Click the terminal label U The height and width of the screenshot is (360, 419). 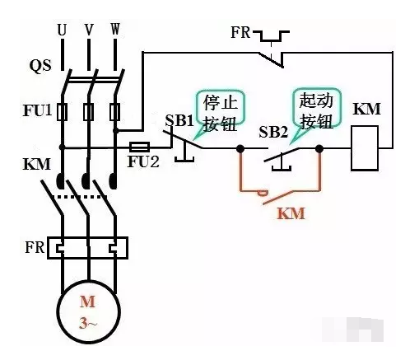pyautogui.click(x=62, y=30)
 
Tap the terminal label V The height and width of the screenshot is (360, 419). pyautogui.click(x=89, y=30)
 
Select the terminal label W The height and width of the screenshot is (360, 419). pyautogui.click(x=115, y=29)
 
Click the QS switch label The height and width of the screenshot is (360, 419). pyautogui.click(x=40, y=66)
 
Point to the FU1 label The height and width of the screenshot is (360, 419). pyautogui.click(x=37, y=110)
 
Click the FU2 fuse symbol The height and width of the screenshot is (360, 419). pyautogui.click(x=139, y=147)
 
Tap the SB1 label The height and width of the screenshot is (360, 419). pyautogui.click(x=179, y=120)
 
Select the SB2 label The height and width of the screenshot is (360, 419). pyautogui.click(x=273, y=132)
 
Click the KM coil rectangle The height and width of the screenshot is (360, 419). pyautogui.click(x=365, y=148)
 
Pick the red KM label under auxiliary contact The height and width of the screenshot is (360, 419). pyautogui.click(x=291, y=213)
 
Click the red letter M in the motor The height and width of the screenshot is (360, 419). pyautogui.click(x=87, y=302)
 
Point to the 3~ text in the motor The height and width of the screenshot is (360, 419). pyautogui.click(x=88, y=323)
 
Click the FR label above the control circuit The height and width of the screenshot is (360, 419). pyautogui.click(x=240, y=32)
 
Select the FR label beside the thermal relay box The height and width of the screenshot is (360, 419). pyautogui.click(x=35, y=247)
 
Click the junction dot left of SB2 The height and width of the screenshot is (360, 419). pyautogui.click(x=240, y=149)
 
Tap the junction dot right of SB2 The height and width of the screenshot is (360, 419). pyautogui.click(x=319, y=149)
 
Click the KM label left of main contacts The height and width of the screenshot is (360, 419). pyautogui.click(x=37, y=164)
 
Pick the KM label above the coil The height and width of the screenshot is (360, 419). pyautogui.click(x=366, y=109)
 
